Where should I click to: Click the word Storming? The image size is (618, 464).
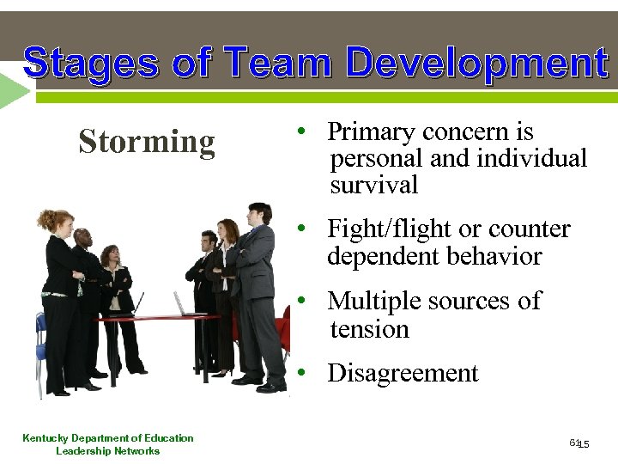pyautogui.click(x=146, y=142)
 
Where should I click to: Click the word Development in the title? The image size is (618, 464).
pyautogui.click(x=476, y=64)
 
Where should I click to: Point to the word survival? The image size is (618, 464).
pyautogui.click(x=373, y=185)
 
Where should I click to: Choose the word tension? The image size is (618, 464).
pyautogui.click(x=369, y=329)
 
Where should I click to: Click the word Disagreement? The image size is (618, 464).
pyautogui.click(x=403, y=374)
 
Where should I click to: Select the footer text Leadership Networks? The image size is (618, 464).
pyautogui.click(x=107, y=451)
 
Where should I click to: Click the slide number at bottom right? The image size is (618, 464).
pyautogui.click(x=580, y=443)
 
